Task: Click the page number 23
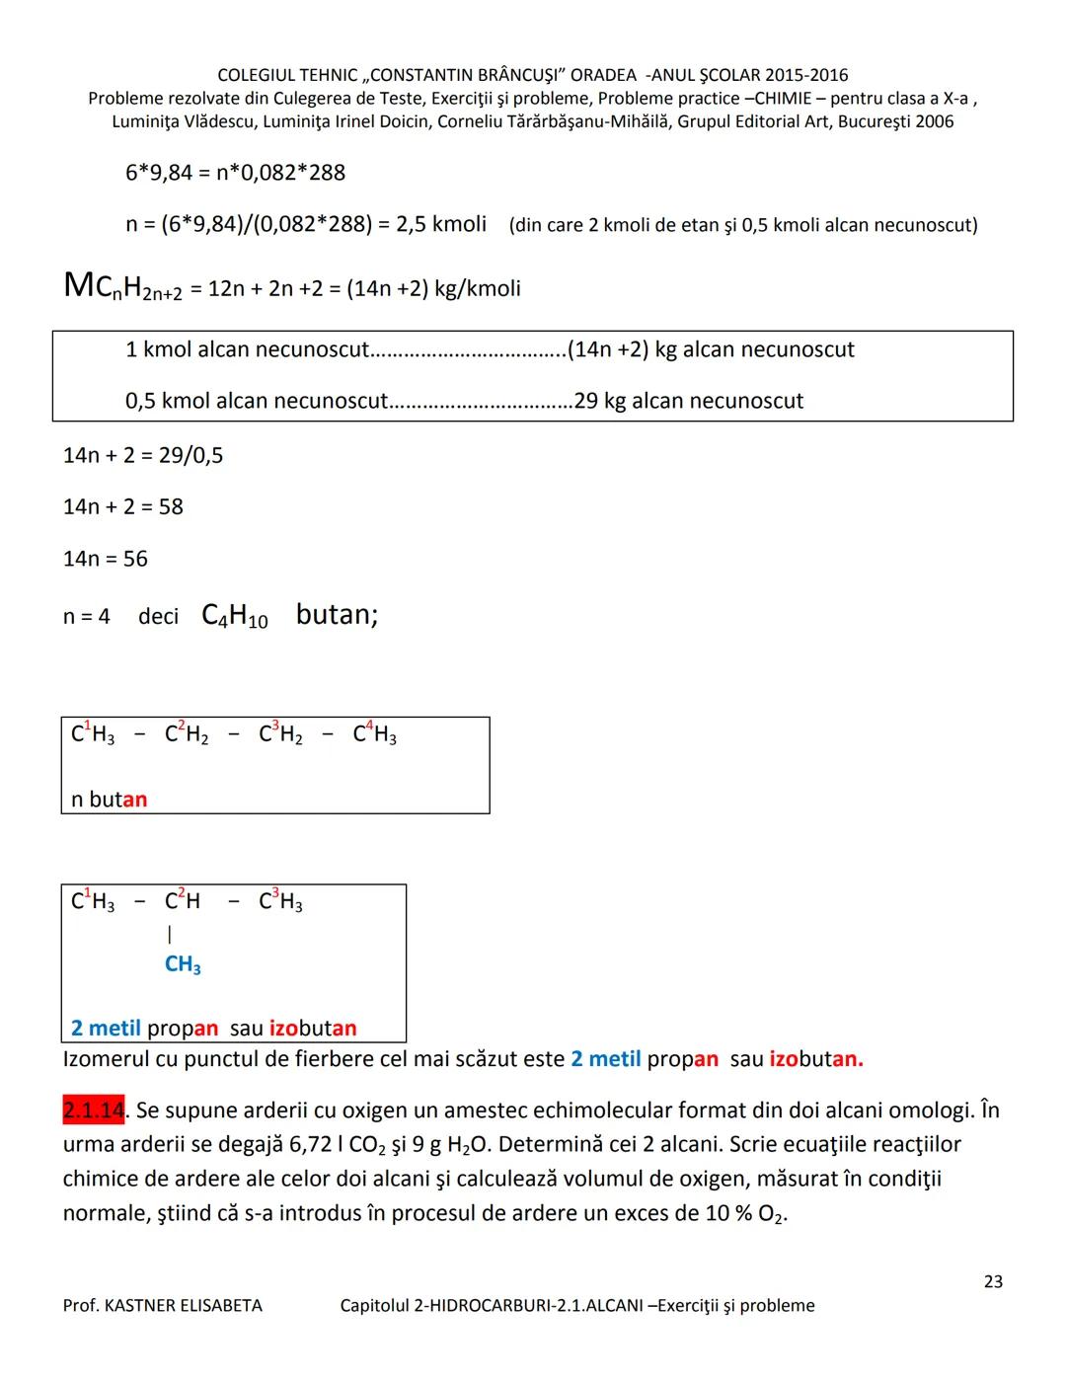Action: (993, 1281)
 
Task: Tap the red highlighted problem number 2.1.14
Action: (94, 1111)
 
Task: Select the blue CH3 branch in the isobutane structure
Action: (183, 964)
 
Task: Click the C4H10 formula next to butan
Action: (235, 616)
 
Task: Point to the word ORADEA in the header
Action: (604, 75)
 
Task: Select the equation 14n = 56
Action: (106, 559)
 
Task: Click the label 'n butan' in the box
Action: (110, 799)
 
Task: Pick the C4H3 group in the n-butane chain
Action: (374, 735)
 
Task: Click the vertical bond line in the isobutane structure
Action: (170, 933)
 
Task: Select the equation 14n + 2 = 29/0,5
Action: (143, 455)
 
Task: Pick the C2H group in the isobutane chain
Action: (183, 901)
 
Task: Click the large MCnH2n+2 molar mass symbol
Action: (123, 287)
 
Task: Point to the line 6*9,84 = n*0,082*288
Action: (235, 173)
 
